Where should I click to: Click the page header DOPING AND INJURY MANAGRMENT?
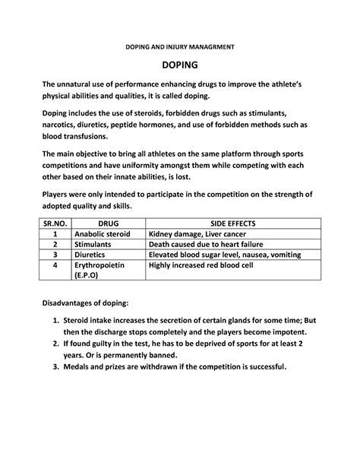(180, 46)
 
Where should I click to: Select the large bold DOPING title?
(180, 67)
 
